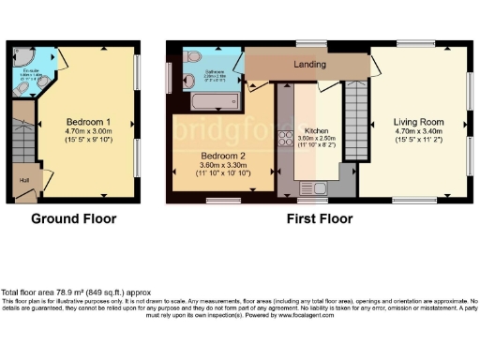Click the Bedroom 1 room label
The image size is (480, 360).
pyautogui.click(x=89, y=122)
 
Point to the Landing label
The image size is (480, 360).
pyautogui.click(x=309, y=65)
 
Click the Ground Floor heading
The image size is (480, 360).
pyautogui.click(x=74, y=219)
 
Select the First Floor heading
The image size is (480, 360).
pyautogui.click(x=320, y=219)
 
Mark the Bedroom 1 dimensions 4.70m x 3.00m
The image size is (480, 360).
pyautogui.click(x=89, y=133)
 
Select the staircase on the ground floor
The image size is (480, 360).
pyautogui.click(x=22, y=141)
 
